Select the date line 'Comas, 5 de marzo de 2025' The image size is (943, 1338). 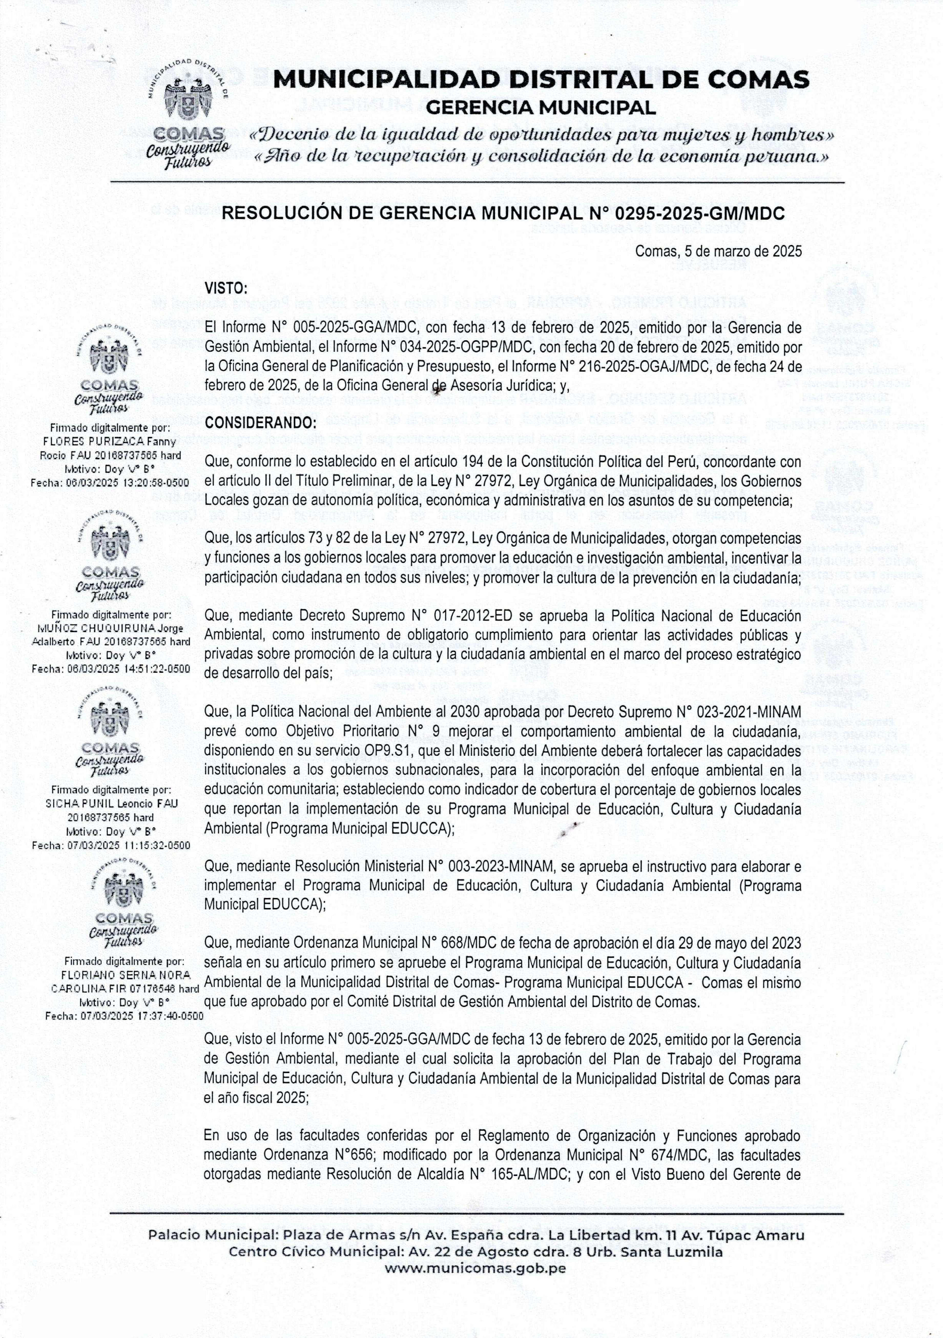tap(718, 252)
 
